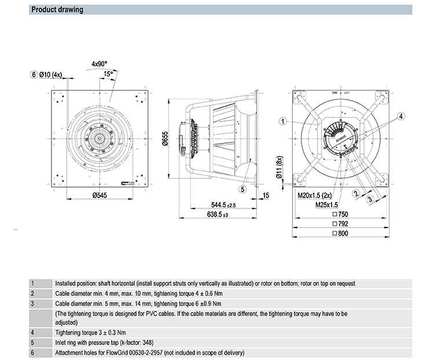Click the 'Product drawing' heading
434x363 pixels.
click(57, 10)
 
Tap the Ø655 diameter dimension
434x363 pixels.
click(165, 140)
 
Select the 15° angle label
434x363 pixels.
click(108, 74)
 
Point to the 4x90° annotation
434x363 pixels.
click(100, 63)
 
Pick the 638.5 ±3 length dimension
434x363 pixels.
click(218, 215)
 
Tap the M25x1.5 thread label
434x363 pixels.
click(327, 204)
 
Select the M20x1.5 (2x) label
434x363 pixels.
click(320, 196)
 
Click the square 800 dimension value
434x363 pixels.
click(343, 233)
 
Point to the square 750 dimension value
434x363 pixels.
click(343, 214)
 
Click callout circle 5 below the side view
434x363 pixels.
click(243, 188)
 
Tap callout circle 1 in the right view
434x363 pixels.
click(283, 122)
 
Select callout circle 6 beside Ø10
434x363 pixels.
click(34, 75)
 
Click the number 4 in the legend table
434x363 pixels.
click(32, 332)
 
